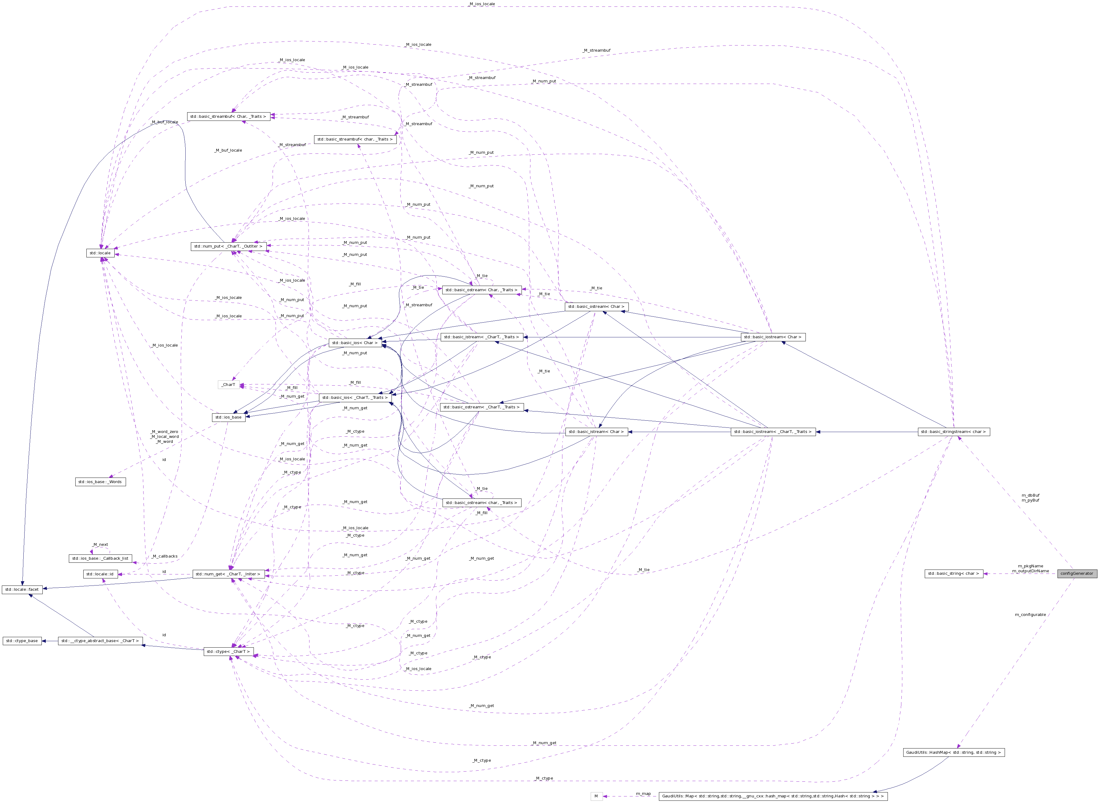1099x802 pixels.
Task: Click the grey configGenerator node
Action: (x=1077, y=573)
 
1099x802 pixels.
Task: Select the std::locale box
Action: (x=100, y=253)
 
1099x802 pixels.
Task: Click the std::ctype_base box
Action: (x=22, y=641)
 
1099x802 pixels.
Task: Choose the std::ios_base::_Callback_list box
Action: (x=100, y=558)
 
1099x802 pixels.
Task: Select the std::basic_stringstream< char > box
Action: (x=953, y=431)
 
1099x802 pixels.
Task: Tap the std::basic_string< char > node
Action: (x=953, y=573)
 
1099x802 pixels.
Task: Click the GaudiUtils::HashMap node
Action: (x=953, y=752)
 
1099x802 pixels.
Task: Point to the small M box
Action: (x=596, y=796)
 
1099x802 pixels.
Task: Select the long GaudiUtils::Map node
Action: (x=773, y=796)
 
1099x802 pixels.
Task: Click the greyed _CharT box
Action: (x=229, y=384)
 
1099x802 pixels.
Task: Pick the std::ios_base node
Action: (x=229, y=417)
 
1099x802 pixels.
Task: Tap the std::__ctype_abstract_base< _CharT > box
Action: (x=100, y=641)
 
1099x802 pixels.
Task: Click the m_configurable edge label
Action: (x=1030, y=615)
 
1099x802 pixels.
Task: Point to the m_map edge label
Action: (x=643, y=794)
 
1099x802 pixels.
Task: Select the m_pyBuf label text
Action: (x=1030, y=500)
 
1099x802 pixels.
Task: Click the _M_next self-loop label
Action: (x=100, y=545)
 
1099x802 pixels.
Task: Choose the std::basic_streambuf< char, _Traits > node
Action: (x=355, y=139)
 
